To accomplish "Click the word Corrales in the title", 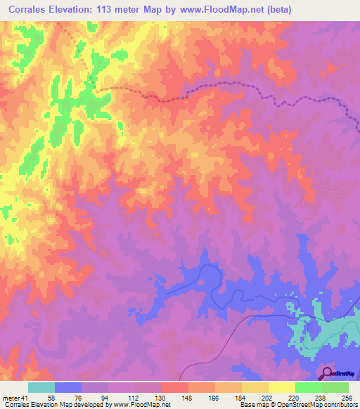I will [x=32, y=10].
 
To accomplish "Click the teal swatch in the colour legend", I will [x=41, y=388].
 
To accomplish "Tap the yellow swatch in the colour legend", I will [x=281, y=388].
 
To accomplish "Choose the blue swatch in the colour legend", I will [x=68, y=388].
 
